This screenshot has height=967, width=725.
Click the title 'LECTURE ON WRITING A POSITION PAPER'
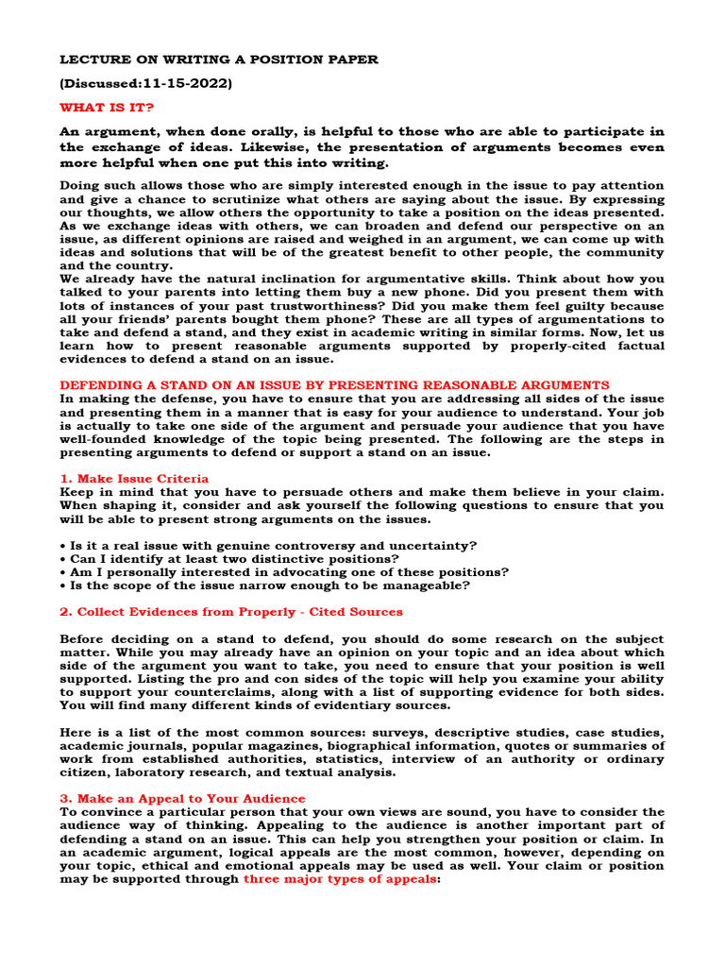(x=219, y=59)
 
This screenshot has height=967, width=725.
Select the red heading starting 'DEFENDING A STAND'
(x=335, y=385)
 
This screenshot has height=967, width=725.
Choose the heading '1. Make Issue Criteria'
(x=134, y=479)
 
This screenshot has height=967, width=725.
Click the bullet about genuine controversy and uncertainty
(x=269, y=546)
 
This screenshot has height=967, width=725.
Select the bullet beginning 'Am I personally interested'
(x=284, y=572)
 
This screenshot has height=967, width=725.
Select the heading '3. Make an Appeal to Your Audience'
(x=182, y=799)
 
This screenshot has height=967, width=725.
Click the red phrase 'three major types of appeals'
(x=341, y=878)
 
